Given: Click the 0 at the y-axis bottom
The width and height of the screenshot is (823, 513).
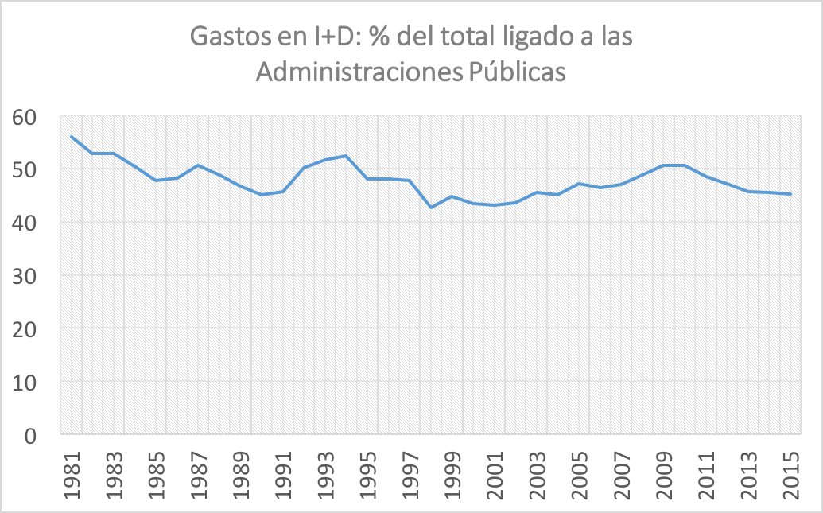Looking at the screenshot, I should tap(36, 435).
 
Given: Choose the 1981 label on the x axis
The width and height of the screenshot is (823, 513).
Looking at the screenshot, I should tap(72, 476).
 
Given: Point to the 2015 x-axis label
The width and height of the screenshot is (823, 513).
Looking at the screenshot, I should tap(790, 476).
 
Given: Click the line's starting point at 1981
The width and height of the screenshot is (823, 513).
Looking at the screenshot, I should tap(72, 136).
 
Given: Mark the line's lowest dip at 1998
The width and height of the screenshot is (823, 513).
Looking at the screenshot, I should tap(431, 208).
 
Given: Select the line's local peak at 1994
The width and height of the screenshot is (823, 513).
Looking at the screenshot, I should tap(346, 156).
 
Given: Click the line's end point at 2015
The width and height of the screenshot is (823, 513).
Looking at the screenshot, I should tap(789, 194).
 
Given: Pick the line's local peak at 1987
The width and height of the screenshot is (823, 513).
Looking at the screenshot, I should tap(198, 165).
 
